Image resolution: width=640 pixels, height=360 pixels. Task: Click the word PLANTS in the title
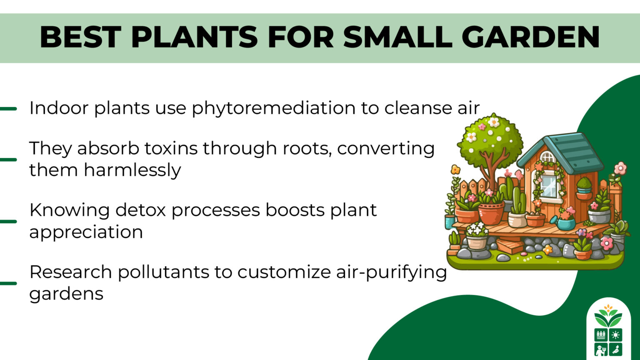[194, 37]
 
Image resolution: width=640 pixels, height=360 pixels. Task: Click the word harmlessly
[132, 170]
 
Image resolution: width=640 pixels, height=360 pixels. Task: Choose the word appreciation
[86, 232]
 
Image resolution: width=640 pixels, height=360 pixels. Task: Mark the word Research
[70, 272]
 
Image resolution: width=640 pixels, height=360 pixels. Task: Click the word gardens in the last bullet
[66, 294]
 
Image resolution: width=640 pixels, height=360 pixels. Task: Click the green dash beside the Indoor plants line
[8, 109]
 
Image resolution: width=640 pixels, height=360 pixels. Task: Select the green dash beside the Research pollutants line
[8, 283]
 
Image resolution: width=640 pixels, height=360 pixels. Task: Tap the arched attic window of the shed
[547, 157]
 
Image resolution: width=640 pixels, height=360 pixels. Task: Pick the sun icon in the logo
[615, 335]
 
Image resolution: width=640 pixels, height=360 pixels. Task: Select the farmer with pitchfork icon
[600, 349]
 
